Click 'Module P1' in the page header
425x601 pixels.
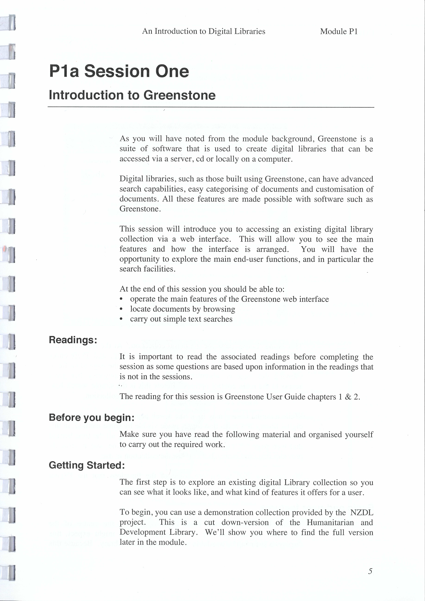(339, 31)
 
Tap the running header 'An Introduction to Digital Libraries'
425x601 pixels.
(204, 31)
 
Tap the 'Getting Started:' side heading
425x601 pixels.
(87, 465)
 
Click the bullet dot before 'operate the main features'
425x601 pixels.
(121, 299)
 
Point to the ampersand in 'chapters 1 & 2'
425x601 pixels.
(348, 397)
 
